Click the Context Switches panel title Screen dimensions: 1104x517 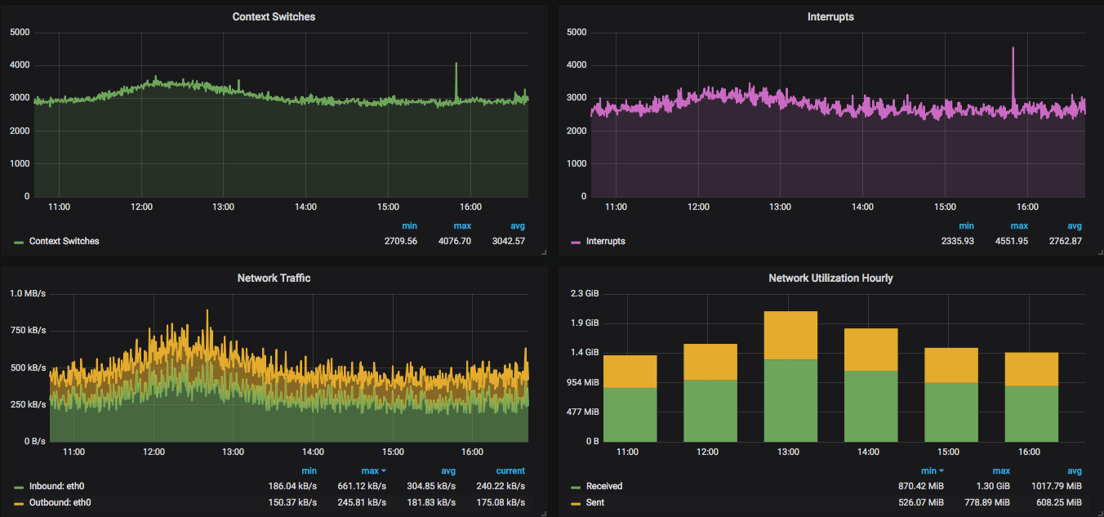[x=274, y=17]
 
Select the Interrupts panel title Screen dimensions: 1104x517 [x=830, y=17]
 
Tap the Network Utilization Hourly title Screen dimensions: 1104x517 [x=830, y=278]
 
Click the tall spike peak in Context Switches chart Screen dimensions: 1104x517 [x=456, y=64]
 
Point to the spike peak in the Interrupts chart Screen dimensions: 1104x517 [x=1013, y=48]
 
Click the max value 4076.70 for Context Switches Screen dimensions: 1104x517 [x=454, y=241]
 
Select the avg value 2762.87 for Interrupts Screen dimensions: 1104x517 [x=1065, y=241]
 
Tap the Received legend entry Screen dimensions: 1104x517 [x=597, y=486]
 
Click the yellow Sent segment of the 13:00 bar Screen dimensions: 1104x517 [x=790, y=335]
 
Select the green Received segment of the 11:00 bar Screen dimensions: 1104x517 [x=630, y=414]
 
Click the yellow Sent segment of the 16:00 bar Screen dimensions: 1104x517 [x=1031, y=369]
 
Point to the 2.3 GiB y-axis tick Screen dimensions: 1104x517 [x=585, y=294]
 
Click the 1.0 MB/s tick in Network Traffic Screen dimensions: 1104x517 [x=28, y=294]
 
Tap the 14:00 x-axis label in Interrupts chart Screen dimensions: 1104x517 [x=862, y=207]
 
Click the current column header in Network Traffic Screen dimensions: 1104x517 [x=510, y=470]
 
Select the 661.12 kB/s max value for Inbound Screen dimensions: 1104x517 [x=362, y=486]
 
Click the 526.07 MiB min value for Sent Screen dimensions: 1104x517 [x=920, y=502]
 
